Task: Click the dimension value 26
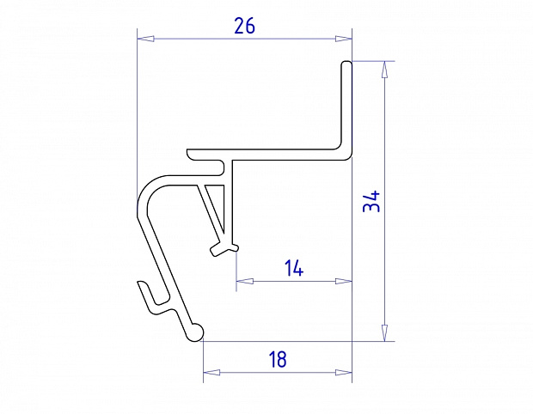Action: click(244, 26)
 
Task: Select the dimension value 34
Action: click(371, 201)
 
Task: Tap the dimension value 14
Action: click(294, 268)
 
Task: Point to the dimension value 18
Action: click(278, 360)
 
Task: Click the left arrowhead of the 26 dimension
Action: click(145, 39)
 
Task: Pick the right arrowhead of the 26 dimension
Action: click(343, 39)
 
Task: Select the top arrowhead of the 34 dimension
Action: click(384, 70)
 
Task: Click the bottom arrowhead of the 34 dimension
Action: click(384, 332)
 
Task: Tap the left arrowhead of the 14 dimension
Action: click(245, 281)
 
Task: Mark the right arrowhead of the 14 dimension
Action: click(343, 281)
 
